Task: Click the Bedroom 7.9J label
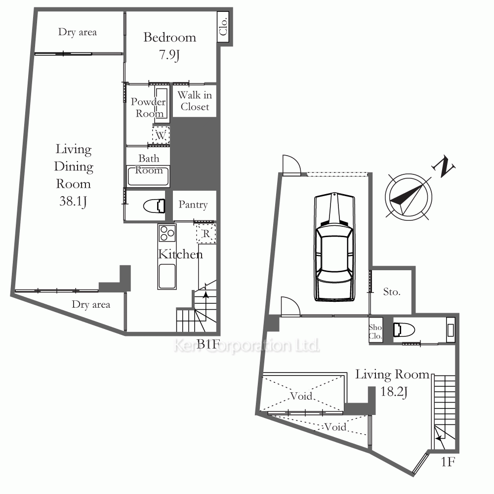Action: pos(170,46)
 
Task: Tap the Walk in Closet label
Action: pos(195,101)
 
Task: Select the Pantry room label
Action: pos(193,205)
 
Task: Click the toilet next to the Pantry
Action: pos(154,206)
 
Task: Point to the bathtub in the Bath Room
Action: pos(148,176)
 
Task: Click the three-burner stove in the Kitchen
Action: pos(167,234)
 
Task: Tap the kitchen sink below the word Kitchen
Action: pos(167,276)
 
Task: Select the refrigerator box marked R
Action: pos(206,234)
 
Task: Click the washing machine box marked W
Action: pos(161,135)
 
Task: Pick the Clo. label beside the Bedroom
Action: pos(223,27)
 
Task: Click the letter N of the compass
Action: pos(444,166)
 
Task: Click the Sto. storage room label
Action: pos(392,292)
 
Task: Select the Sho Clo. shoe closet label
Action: pos(375,332)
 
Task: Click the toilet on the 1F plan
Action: pos(404,330)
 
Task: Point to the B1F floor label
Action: pos(208,344)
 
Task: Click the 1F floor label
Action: pos(448,462)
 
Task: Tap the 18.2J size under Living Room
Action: pos(394,392)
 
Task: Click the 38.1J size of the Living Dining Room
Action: pos(73,201)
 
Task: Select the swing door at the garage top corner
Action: pos(292,165)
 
